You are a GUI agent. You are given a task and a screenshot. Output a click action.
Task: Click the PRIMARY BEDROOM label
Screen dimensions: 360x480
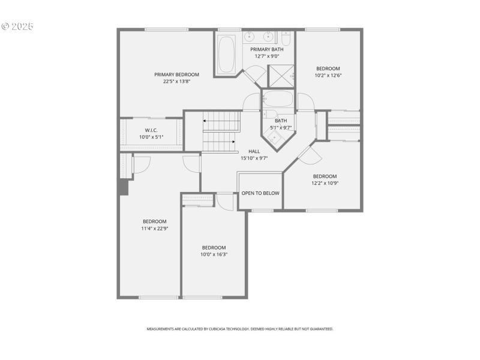(x=176, y=74)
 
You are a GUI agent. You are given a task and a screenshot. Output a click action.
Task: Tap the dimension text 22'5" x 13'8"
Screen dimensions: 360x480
(x=176, y=82)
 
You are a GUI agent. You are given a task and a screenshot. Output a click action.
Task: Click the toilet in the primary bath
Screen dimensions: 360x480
(x=286, y=39)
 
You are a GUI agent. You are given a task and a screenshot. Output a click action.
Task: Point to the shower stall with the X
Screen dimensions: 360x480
(x=280, y=76)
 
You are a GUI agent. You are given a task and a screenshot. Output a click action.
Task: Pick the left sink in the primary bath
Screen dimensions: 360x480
(x=250, y=35)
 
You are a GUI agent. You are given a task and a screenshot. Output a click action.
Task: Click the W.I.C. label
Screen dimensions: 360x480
(x=151, y=130)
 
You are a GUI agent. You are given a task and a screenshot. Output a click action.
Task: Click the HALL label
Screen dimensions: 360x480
(x=245, y=151)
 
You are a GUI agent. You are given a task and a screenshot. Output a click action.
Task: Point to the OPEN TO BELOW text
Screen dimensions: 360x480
(x=260, y=193)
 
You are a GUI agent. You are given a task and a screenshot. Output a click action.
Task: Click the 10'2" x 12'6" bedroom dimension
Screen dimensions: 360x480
(x=328, y=76)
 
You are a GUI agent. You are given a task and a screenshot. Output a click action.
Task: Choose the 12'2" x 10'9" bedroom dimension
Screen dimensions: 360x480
(x=325, y=183)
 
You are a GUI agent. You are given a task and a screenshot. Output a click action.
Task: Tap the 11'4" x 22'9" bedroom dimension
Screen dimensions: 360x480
(x=155, y=229)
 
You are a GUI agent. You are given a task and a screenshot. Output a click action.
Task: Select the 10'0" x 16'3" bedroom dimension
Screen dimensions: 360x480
(x=214, y=254)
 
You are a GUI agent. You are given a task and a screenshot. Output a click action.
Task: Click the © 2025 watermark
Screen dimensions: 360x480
(x=17, y=26)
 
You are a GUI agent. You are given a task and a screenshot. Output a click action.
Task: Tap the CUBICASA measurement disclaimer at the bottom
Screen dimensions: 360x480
(x=240, y=329)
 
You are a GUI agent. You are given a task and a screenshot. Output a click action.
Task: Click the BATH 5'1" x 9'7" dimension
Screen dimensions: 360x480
(x=281, y=127)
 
